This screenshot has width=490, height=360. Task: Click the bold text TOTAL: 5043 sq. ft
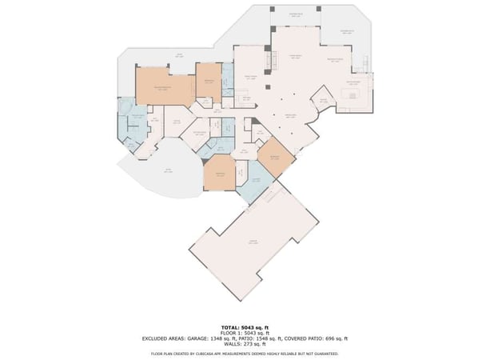tap(245, 327)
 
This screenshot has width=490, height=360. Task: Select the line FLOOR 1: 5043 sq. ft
tap(245, 333)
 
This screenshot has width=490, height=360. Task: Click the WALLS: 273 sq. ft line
tap(245, 344)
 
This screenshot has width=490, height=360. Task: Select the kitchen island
tap(353, 95)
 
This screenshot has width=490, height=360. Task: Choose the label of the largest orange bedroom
tap(163, 86)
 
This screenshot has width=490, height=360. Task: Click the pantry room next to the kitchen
tap(325, 99)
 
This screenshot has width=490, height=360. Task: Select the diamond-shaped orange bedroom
tap(276, 156)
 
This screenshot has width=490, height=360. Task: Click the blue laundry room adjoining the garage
tap(257, 182)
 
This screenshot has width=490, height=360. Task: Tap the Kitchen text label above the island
tap(353, 82)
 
